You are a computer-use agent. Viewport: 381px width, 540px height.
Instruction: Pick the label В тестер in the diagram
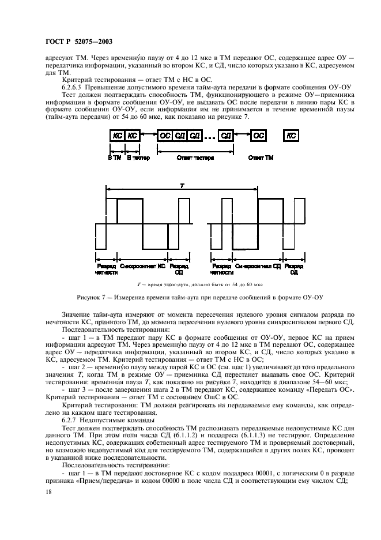pyautogui.click(x=138, y=157)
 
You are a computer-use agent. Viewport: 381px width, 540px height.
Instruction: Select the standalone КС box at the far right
pyautogui.click(x=292, y=135)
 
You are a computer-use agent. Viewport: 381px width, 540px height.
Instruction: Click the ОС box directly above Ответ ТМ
pyautogui.click(x=259, y=135)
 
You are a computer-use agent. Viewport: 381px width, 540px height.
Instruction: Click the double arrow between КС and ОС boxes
pyautogui.click(x=149, y=135)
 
